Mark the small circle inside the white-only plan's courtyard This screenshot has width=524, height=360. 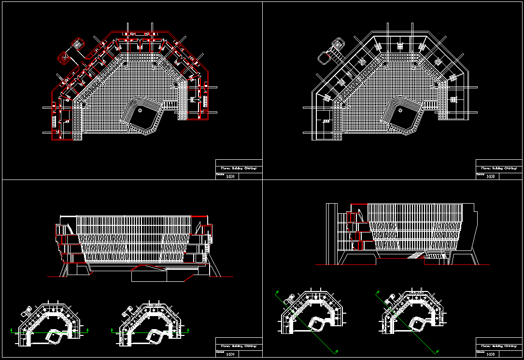point(401,110)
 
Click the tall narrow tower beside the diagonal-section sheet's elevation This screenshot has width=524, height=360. point(331,234)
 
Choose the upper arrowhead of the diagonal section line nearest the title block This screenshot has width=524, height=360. point(378,292)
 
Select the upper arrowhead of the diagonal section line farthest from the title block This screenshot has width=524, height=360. point(277,292)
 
